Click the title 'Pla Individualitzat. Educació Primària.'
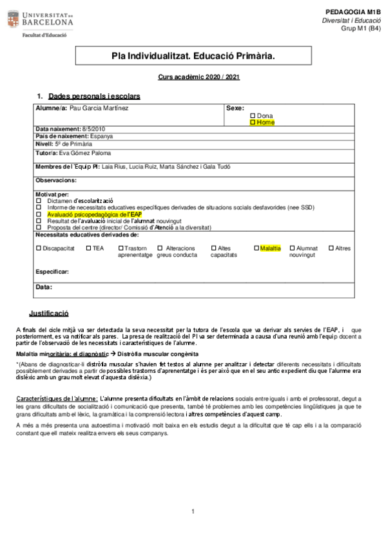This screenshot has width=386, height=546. (x=193, y=57)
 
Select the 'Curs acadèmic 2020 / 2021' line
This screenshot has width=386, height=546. (x=198, y=77)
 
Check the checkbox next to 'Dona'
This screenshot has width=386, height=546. (x=253, y=115)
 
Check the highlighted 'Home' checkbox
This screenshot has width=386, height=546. (x=253, y=122)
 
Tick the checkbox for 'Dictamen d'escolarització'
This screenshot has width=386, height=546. (x=39, y=201)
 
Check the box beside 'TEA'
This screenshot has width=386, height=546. (x=88, y=248)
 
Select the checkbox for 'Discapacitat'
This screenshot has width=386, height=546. (x=39, y=248)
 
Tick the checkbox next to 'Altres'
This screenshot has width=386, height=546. (x=331, y=248)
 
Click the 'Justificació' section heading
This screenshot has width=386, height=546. (x=48, y=314)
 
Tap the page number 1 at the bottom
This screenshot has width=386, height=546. (x=193, y=513)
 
